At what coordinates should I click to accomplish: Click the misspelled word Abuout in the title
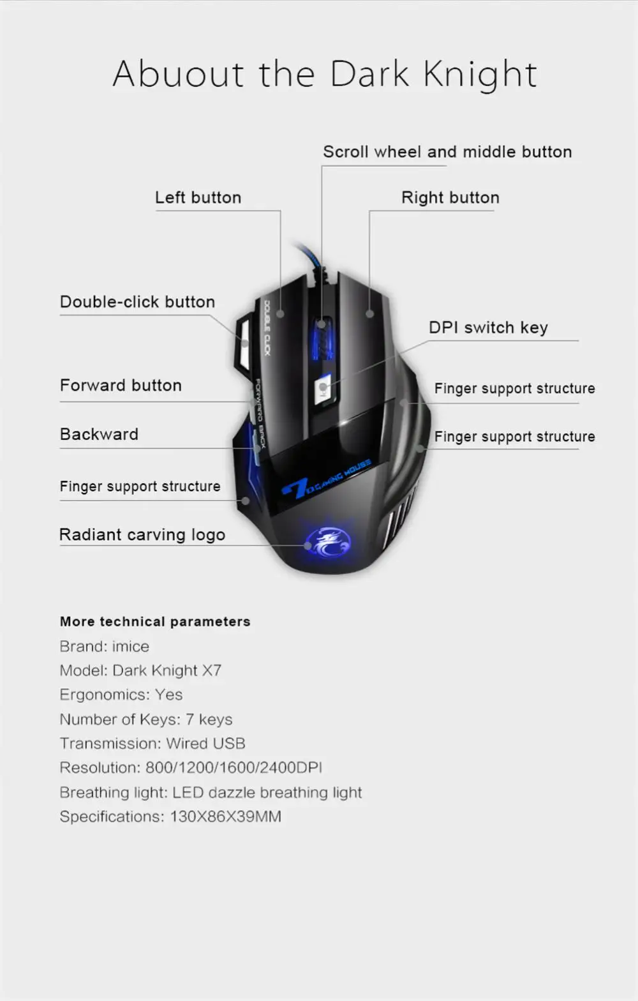pos(179,74)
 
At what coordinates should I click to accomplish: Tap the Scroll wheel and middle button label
pos(447,152)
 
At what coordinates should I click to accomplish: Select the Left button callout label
pos(198,198)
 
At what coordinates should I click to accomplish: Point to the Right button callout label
pos(450,198)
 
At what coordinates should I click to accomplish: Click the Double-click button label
pos(137,302)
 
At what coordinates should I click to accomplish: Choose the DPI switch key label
pos(488,327)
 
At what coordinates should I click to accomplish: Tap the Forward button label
pos(121,386)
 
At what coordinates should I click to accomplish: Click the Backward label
pos(99,434)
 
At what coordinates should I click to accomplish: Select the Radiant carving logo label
pos(142,535)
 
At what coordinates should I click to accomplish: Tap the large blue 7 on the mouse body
pos(295,488)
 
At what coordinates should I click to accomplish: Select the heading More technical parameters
pos(155,622)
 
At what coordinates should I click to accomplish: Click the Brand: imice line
pos(104,647)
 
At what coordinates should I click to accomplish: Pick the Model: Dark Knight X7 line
pos(140,671)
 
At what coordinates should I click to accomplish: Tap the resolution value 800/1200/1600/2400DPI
pos(234,768)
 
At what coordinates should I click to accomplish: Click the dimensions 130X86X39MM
pos(225,817)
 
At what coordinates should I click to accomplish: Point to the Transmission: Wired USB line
pos(152,744)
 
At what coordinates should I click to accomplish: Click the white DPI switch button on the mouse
pos(324,387)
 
